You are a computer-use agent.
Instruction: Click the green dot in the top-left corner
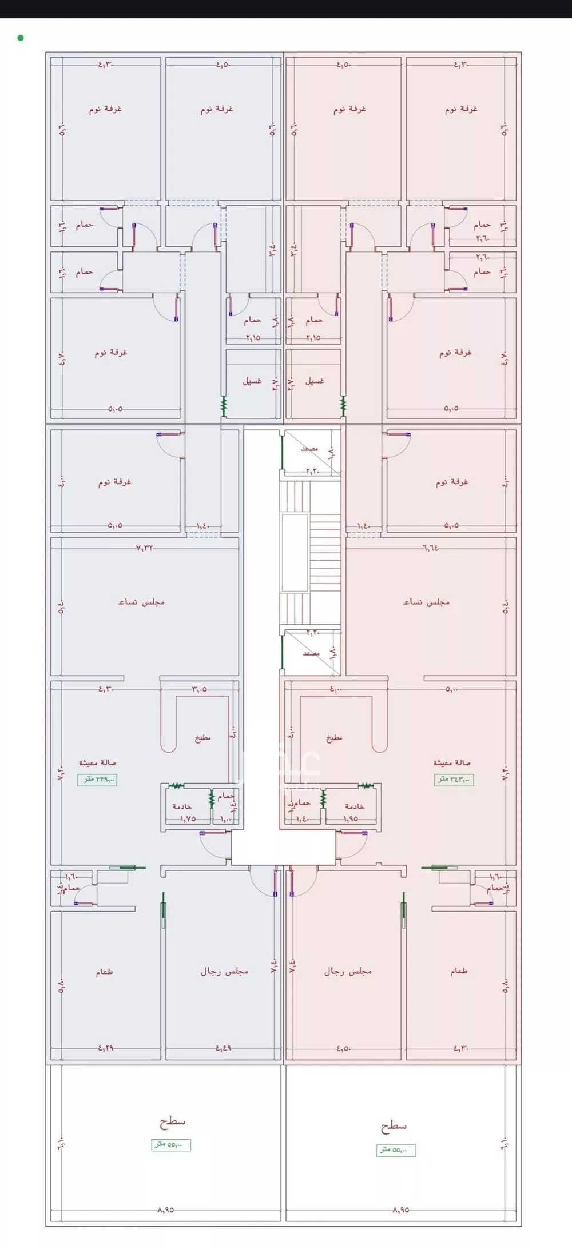pos(21,38)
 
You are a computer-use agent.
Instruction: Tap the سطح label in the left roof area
pos(172,1121)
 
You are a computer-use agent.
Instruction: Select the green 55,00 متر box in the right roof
pos(396,1150)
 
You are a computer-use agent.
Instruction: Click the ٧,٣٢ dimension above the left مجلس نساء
pos(145,547)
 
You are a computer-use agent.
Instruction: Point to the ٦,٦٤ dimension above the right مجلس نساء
pos(431,547)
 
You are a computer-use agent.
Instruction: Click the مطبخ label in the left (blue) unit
pos(202,737)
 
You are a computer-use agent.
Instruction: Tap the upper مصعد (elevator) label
pos(309,449)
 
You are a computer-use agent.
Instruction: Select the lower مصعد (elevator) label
pos(311,653)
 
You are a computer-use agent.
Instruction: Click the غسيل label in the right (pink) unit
pos(315,380)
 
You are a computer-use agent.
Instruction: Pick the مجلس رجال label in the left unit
pos(224,971)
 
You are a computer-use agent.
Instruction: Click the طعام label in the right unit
pos(459,971)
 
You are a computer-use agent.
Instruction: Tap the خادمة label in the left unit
pos(182,806)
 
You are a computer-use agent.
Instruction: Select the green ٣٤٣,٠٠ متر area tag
pos(454,779)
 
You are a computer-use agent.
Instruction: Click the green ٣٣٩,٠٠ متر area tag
pos(98,779)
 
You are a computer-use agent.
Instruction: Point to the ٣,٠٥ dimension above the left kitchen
pos(199,689)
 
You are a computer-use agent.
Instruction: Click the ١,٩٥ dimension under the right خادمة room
pos(350,818)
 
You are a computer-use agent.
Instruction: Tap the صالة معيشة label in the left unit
pos(98,762)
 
